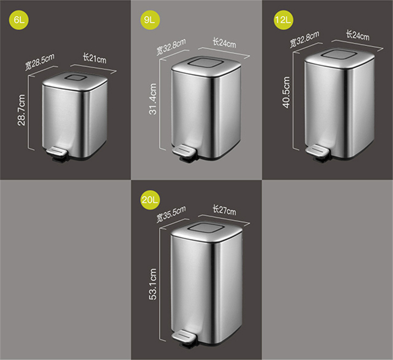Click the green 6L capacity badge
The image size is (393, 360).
point(19,20)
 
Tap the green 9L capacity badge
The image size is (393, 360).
point(150,20)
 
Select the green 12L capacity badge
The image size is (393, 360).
point(283,20)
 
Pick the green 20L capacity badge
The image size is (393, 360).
point(150,200)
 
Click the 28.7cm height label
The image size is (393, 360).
point(21,110)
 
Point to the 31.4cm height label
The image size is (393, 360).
point(152,99)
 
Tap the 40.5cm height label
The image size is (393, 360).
point(286,92)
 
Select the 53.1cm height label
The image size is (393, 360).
point(152,284)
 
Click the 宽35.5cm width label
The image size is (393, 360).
point(171,214)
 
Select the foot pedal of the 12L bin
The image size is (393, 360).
point(317,151)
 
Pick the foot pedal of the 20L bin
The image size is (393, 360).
point(184,337)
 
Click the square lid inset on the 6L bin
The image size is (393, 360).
point(75,77)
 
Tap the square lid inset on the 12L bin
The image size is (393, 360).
point(340,54)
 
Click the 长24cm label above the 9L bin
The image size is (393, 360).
point(225,42)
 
